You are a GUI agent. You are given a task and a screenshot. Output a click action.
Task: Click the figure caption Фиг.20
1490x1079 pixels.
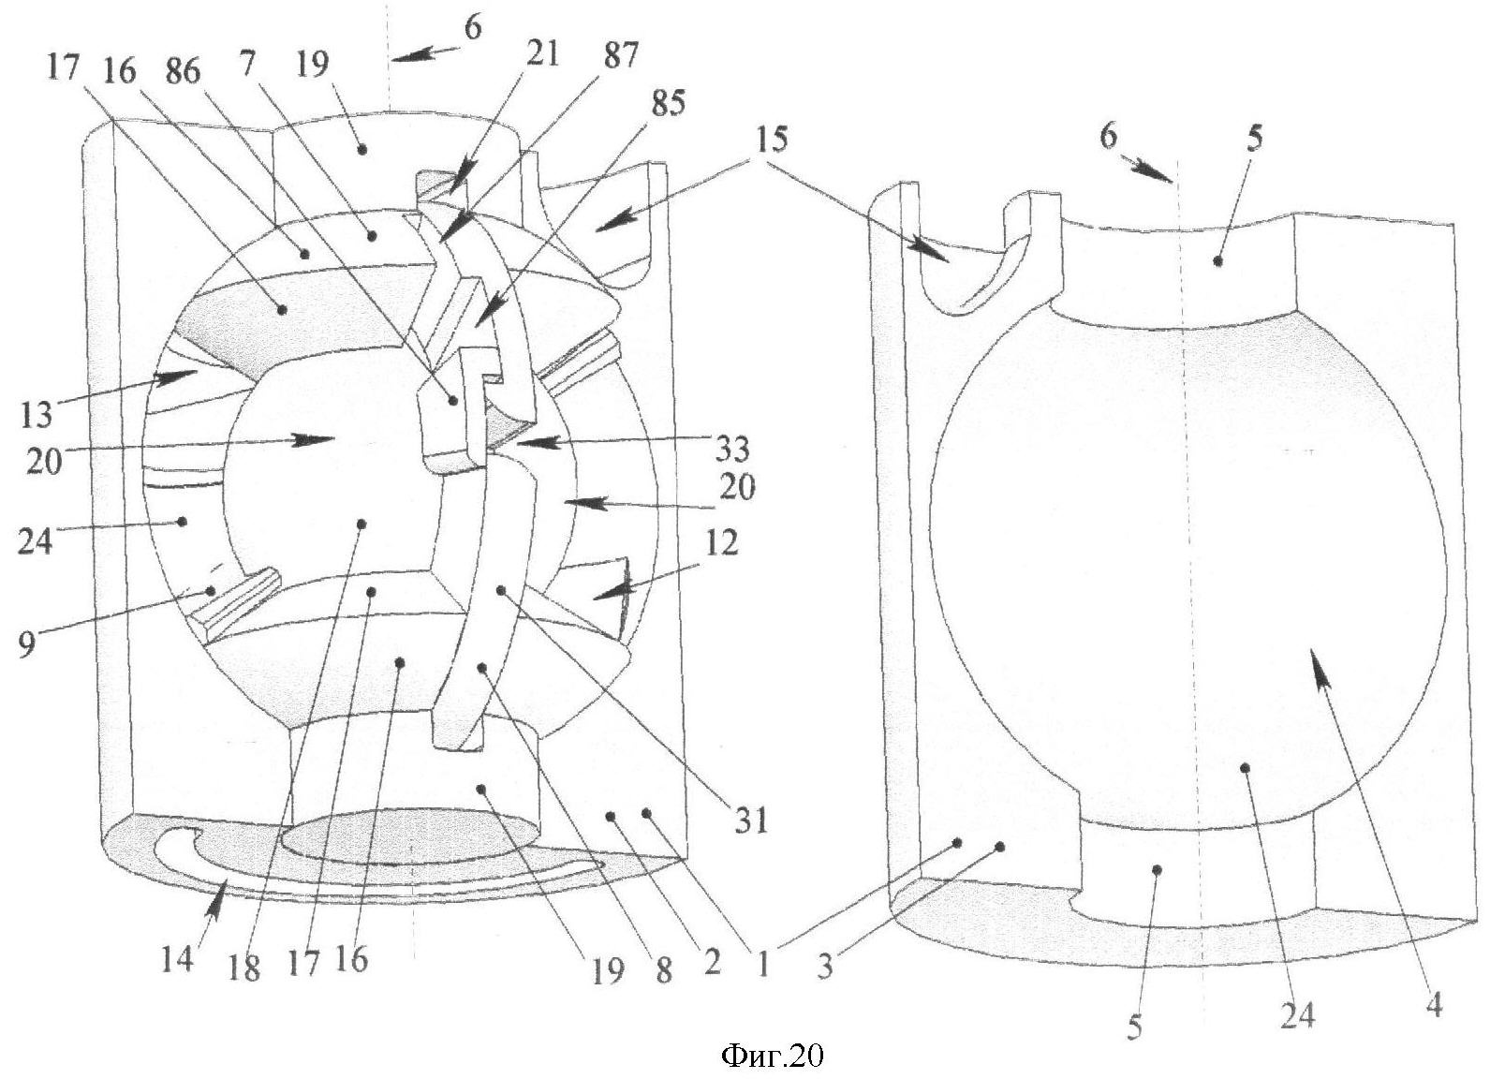tap(773, 1056)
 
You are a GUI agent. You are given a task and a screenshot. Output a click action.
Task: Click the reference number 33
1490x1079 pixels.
tap(731, 451)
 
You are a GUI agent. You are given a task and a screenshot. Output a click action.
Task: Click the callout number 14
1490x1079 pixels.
tap(177, 959)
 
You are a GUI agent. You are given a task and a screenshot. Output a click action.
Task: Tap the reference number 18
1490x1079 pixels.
tap(245, 965)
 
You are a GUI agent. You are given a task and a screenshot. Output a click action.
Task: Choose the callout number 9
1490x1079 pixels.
tap(26, 643)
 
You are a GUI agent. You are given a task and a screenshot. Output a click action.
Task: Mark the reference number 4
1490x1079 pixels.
tap(1433, 1006)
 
